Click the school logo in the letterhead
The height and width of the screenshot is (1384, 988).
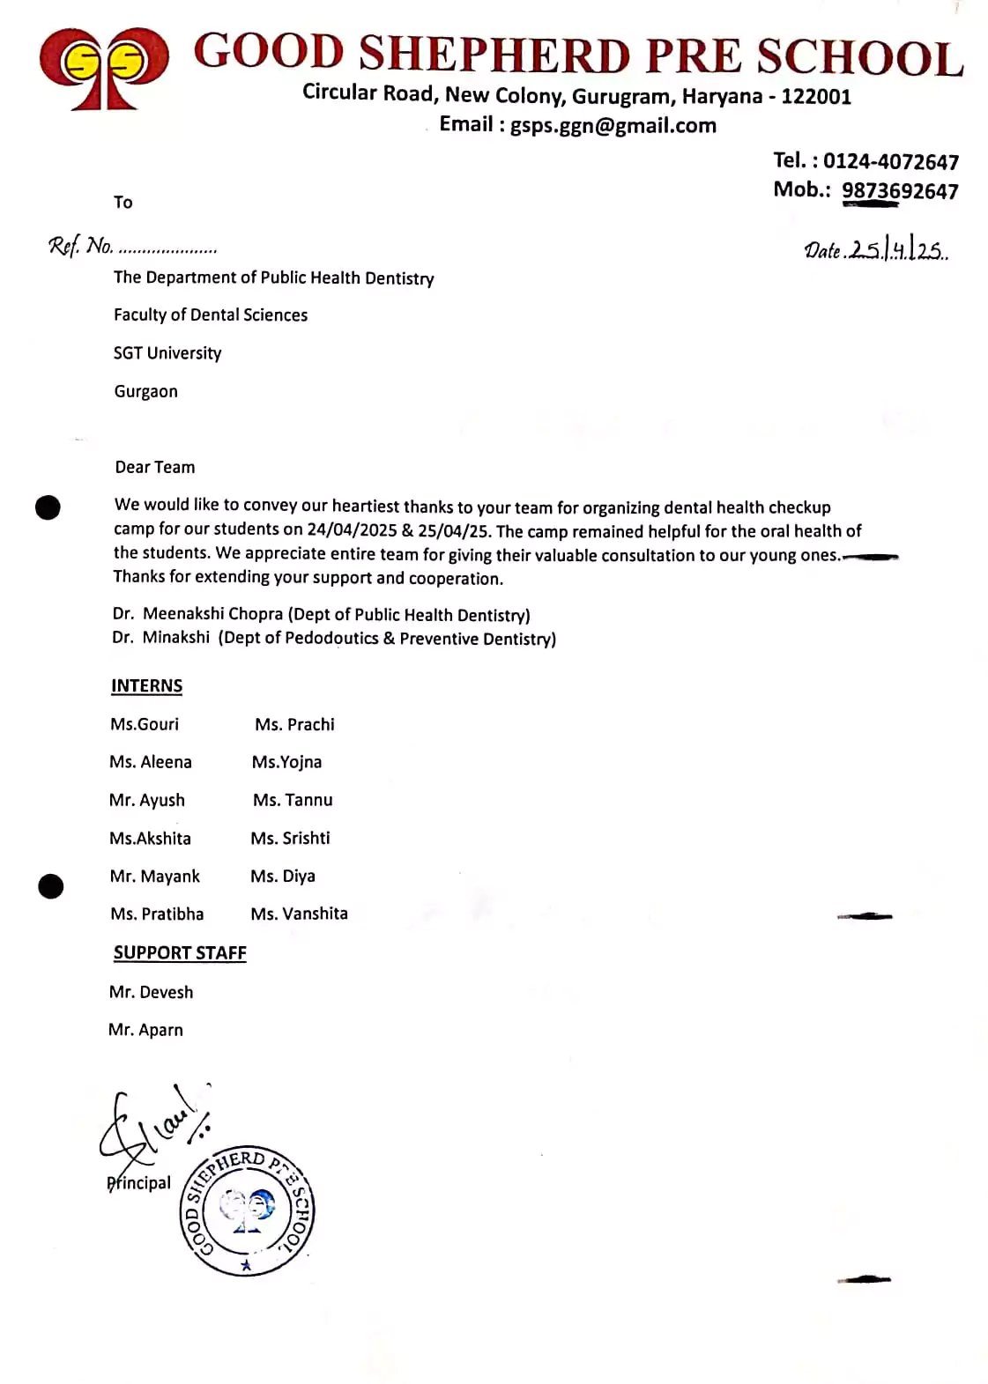point(104,69)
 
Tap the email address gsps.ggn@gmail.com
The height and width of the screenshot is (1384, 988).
point(613,125)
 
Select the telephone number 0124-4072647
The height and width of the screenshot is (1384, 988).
point(890,161)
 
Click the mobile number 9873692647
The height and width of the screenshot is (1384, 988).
point(899,191)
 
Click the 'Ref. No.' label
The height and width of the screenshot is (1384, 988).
point(81,246)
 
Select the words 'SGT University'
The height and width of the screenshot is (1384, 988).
point(167,353)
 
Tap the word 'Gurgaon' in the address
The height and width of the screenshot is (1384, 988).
point(145,391)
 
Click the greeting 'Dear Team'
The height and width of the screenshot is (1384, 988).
point(155,467)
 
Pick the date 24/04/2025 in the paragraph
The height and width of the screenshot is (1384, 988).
point(352,529)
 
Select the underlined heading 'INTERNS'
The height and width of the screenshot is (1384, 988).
point(146,686)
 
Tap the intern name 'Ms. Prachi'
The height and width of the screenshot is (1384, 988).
point(294,724)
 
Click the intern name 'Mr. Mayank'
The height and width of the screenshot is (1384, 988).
point(155,877)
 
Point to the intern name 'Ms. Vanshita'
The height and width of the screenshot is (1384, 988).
point(299,914)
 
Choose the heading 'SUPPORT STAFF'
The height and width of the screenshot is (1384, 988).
point(180,953)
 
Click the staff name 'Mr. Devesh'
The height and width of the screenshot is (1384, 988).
point(151,992)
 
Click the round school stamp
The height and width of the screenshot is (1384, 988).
point(247,1213)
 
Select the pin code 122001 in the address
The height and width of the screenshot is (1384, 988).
point(816,96)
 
